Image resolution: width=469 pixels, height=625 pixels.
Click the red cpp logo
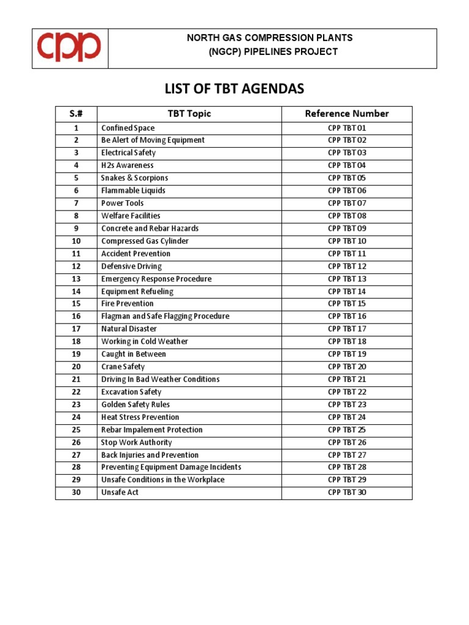coord(70,47)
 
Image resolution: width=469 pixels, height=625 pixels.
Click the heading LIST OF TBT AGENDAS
coord(234,89)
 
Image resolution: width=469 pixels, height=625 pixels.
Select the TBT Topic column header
coord(189,114)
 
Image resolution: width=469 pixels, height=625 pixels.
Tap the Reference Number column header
coord(346,114)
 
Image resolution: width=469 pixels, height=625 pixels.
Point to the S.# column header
coord(76,114)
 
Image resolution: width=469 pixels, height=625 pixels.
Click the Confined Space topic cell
coord(128,128)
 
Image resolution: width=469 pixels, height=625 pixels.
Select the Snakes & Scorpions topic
coord(134,178)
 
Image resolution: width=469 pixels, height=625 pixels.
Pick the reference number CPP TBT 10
coord(346,241)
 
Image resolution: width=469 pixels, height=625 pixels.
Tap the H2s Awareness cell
coord(128,165)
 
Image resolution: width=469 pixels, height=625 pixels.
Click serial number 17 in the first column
coord(76,329)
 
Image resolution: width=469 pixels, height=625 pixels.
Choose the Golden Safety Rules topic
coord(136,405)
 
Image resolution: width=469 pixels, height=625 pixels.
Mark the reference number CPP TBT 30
coord(346,493)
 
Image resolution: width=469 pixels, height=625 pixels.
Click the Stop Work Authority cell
coord(137,443)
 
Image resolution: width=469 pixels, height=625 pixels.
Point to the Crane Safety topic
coord(123,367)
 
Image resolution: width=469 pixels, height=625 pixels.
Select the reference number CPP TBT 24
coord(346,417)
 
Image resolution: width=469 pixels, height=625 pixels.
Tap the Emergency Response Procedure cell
coord(156,279)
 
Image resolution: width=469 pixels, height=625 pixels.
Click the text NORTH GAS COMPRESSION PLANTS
coord(269,38)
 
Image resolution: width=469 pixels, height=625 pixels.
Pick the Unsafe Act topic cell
coord(120,493)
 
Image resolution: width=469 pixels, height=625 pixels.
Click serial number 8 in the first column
coord(76,216)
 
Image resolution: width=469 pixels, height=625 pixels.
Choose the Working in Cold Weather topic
coord(145,342)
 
